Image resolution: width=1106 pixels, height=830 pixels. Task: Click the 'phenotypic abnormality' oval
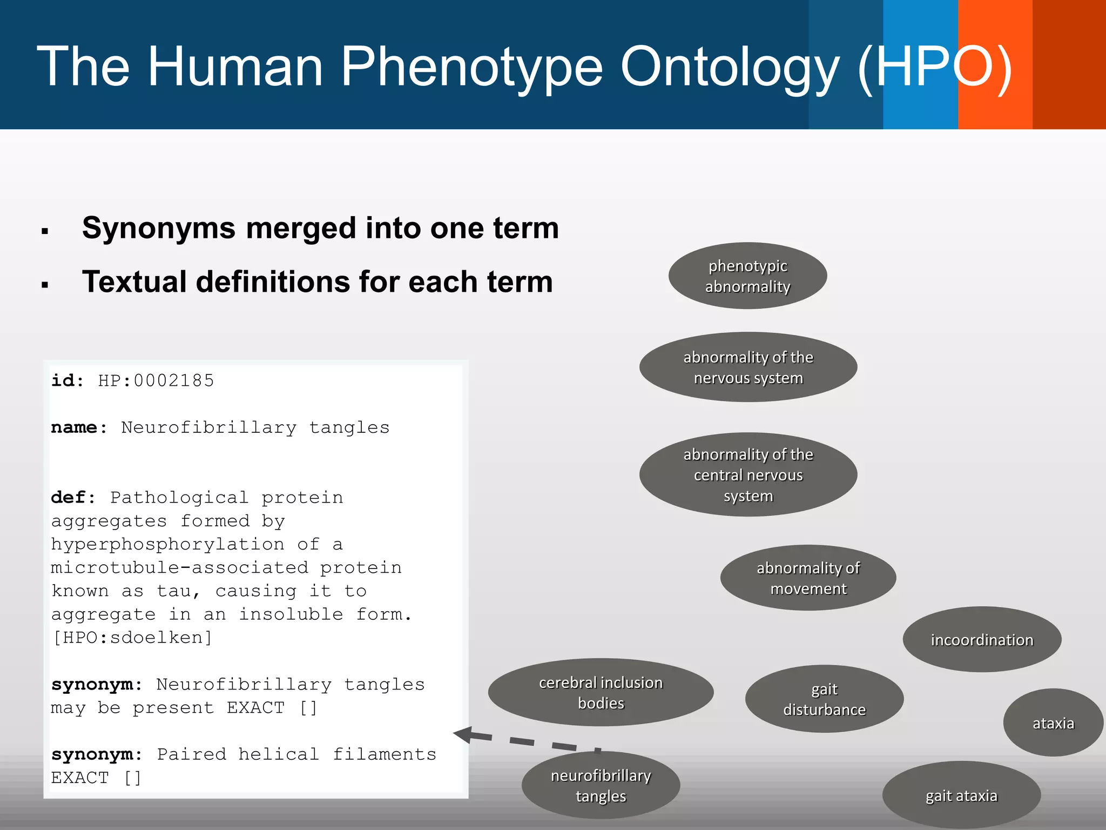point(747,276)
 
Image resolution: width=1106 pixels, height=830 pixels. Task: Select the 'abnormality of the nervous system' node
point(748,367)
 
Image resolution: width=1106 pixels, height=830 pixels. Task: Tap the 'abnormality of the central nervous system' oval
point(748,474)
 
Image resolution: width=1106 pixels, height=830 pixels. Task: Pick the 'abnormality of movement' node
point(808,578)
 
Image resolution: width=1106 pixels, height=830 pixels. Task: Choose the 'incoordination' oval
point(982,639)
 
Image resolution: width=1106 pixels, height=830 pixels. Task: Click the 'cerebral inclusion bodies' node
point(601,692)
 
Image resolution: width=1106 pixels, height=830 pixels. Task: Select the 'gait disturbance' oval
point(824,699)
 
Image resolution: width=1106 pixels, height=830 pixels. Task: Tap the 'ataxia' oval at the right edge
point(1053,722)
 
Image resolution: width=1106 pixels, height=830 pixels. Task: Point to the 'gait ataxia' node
point(961,795)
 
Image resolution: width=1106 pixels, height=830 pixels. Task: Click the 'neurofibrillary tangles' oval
point(601,785)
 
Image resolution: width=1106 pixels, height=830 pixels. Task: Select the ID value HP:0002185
point(156,380)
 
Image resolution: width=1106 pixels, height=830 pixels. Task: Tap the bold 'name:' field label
point(79,427)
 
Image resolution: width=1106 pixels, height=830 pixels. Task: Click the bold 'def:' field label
point(73,497)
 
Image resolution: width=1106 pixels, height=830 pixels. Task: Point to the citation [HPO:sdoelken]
point(132,638)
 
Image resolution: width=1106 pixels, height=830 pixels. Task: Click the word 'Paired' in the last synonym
point(192,754)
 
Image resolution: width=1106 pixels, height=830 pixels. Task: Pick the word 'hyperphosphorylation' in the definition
point(167,544)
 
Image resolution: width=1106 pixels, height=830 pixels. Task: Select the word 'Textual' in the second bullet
point(133,282)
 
